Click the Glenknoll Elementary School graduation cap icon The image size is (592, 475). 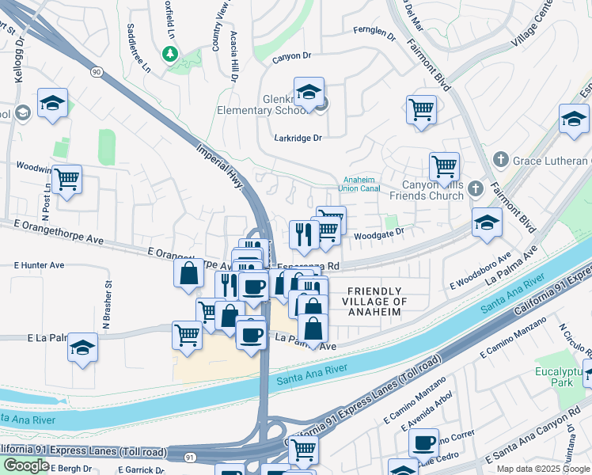309,92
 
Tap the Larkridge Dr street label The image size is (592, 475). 298,138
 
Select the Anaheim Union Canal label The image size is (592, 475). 360,184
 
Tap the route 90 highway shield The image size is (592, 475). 97,72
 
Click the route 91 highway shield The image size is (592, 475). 190,457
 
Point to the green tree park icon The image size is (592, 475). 169,54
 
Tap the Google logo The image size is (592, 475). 26,465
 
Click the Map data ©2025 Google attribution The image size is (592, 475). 542,469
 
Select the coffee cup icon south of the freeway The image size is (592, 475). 423,442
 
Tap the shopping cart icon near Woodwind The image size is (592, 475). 66,179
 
